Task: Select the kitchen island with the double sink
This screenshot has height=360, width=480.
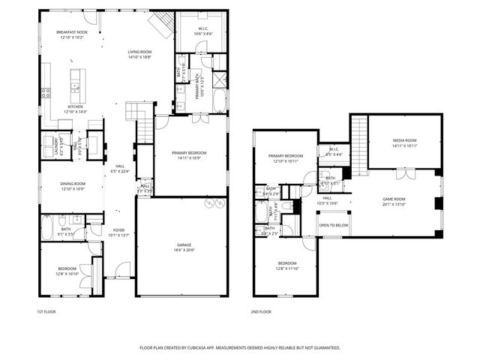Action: click(76, 87)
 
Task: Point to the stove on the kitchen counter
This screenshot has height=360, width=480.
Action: click(46, 93)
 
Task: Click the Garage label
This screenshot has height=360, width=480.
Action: click(182, 246)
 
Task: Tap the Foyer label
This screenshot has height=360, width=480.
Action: click(119, 230)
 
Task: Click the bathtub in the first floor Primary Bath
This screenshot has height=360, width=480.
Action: click(219, 100)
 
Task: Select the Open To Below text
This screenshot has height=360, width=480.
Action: click(333, 225)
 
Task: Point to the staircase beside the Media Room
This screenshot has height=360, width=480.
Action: click(359, 142)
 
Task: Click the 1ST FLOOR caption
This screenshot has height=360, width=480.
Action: click(46, 311)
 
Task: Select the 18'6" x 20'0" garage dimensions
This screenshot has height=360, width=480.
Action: click(182, 251)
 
